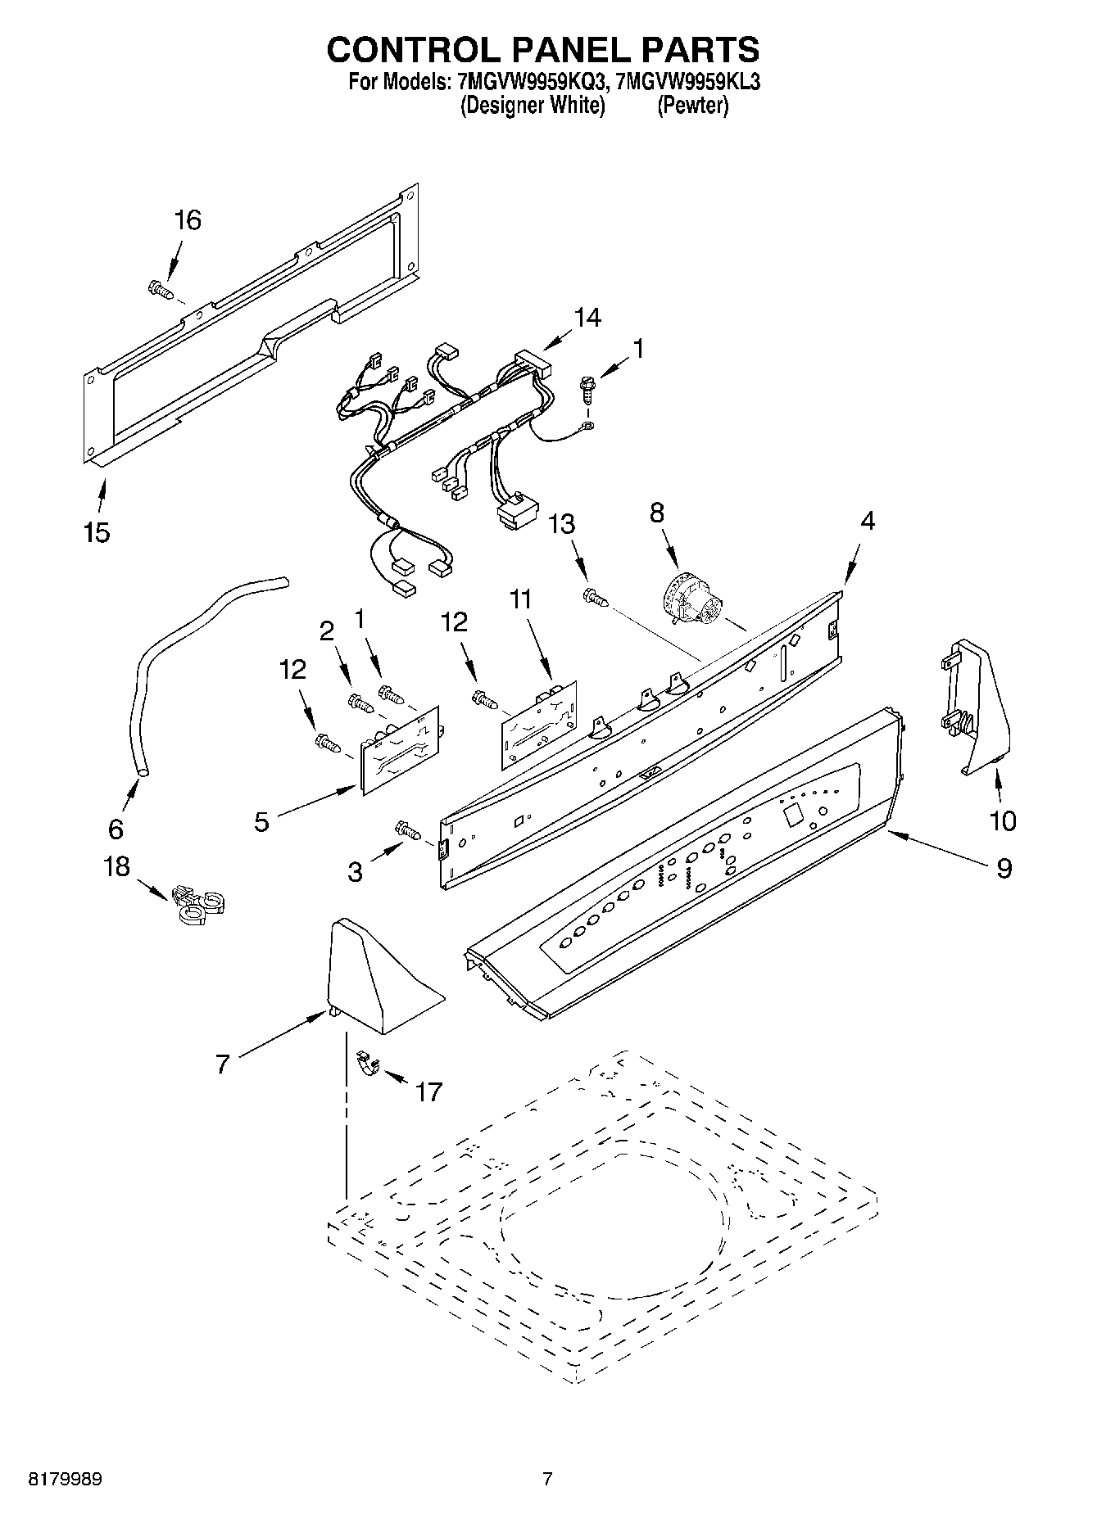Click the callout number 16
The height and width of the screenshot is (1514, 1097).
tap(188, 220)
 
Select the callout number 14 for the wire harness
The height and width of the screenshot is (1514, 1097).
tap(587, 318)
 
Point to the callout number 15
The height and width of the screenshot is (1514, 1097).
tap(97, 533)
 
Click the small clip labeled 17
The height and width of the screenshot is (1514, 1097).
tap(368, 1066)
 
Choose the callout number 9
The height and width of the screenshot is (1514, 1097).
tap(1004, 868)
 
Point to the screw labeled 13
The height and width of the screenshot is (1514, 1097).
tap(596, 599)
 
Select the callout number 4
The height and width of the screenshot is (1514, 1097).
tap(867, 520)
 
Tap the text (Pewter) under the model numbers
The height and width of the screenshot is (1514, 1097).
tap(692, 106)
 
